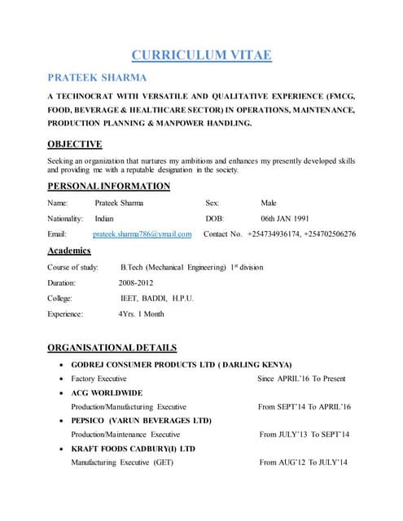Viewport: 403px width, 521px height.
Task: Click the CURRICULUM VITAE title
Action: tap(201, 55)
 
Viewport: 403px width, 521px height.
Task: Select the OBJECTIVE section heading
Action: tap(74, 144)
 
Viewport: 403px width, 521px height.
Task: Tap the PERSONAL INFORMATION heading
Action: tap(108, 186)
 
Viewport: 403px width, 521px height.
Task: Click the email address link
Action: tap(142, 234)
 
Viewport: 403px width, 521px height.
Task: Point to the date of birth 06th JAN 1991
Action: tap(285, 219)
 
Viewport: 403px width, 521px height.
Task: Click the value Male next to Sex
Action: tap(269, 203)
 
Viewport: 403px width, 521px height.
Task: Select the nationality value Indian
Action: tap(104, 219)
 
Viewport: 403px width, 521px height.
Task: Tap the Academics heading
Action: tap(74, 251)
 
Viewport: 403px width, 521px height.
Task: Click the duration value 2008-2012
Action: tap(135, 282)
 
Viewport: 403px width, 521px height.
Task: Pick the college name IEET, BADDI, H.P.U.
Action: tap(156, 298)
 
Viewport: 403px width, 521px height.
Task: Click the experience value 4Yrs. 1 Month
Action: tap(141, 313)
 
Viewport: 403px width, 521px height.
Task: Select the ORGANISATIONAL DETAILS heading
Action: tap(112, 348)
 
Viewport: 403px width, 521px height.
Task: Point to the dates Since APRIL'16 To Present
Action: tap(301, 379)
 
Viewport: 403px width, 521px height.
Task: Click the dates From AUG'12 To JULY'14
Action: tap(303, 462)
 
